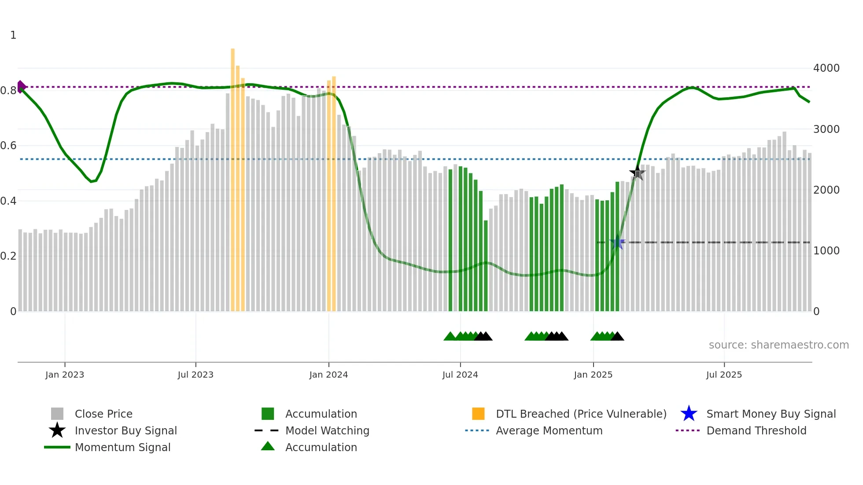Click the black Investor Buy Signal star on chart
coord(637,173)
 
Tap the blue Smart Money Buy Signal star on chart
coord(617,242)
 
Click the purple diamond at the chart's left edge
coord(21,87)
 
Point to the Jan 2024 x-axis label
coord(328,375)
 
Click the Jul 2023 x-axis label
coord(195,375)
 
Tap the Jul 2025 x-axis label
coord(724,375)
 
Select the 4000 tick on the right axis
coord(826,68)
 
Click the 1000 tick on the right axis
coord(826,251)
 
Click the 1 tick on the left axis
coord(13,35)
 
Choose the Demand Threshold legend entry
coord(756,430)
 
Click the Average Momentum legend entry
coord(549,430)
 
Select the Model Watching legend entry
coord(327,430)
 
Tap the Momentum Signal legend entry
coord(122,447)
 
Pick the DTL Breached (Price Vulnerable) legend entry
coord(580,414)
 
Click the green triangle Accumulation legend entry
coord(321,447)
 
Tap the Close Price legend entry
coord(103,414)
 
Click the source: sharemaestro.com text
coord(778,345)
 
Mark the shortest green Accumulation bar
coord(486,266)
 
